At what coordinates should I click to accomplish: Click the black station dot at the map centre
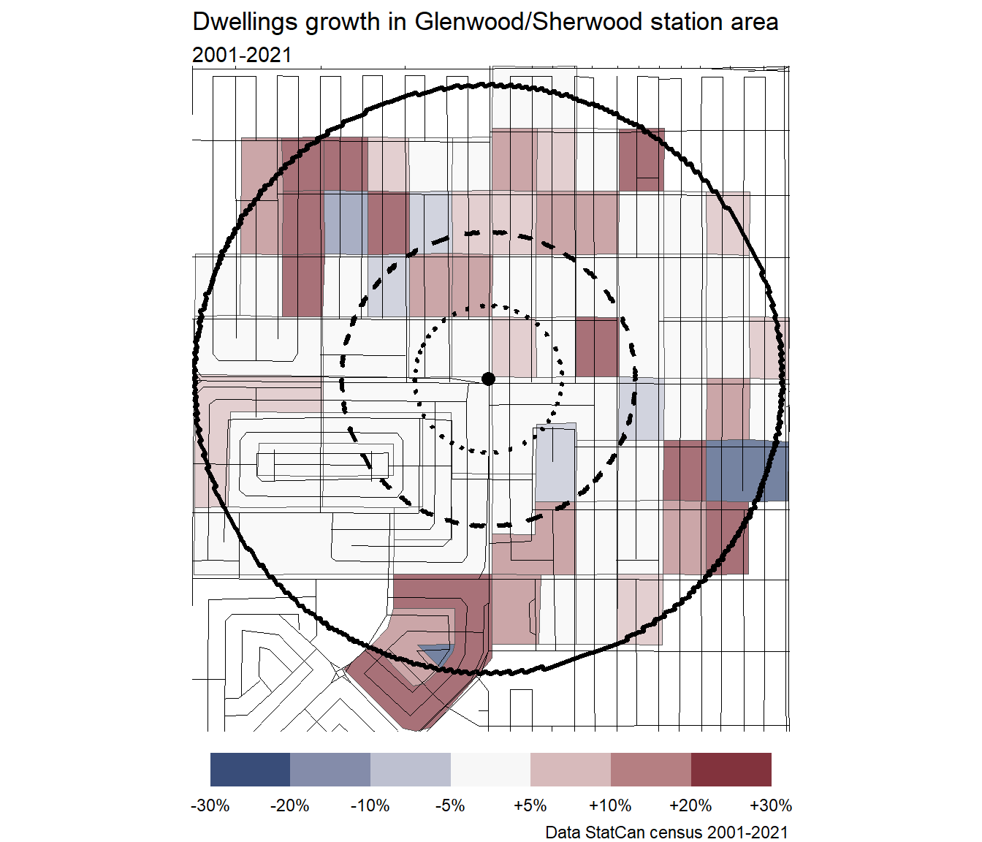click(x=489, y=378)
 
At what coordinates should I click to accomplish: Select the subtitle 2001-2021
click(x=242, y=55)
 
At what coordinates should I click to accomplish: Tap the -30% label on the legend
click(x=210, y=805)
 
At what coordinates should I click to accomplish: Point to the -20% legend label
click(x=290, y=805)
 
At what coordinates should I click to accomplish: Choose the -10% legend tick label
click(x=370, y=805)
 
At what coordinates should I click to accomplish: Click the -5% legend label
click(x=450, y=805)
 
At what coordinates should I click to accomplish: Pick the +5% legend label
click(x=530, y=805)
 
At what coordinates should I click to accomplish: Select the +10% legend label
click(x=610, y=805)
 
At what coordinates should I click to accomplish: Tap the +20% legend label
click(x=690, y=805)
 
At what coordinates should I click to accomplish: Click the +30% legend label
click(x=771, y=805)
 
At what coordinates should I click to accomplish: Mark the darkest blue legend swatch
click(x=250, y=770)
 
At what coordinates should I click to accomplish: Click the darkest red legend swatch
click(x=731, y=770)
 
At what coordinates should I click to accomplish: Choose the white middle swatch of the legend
click(x=490, y=770)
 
